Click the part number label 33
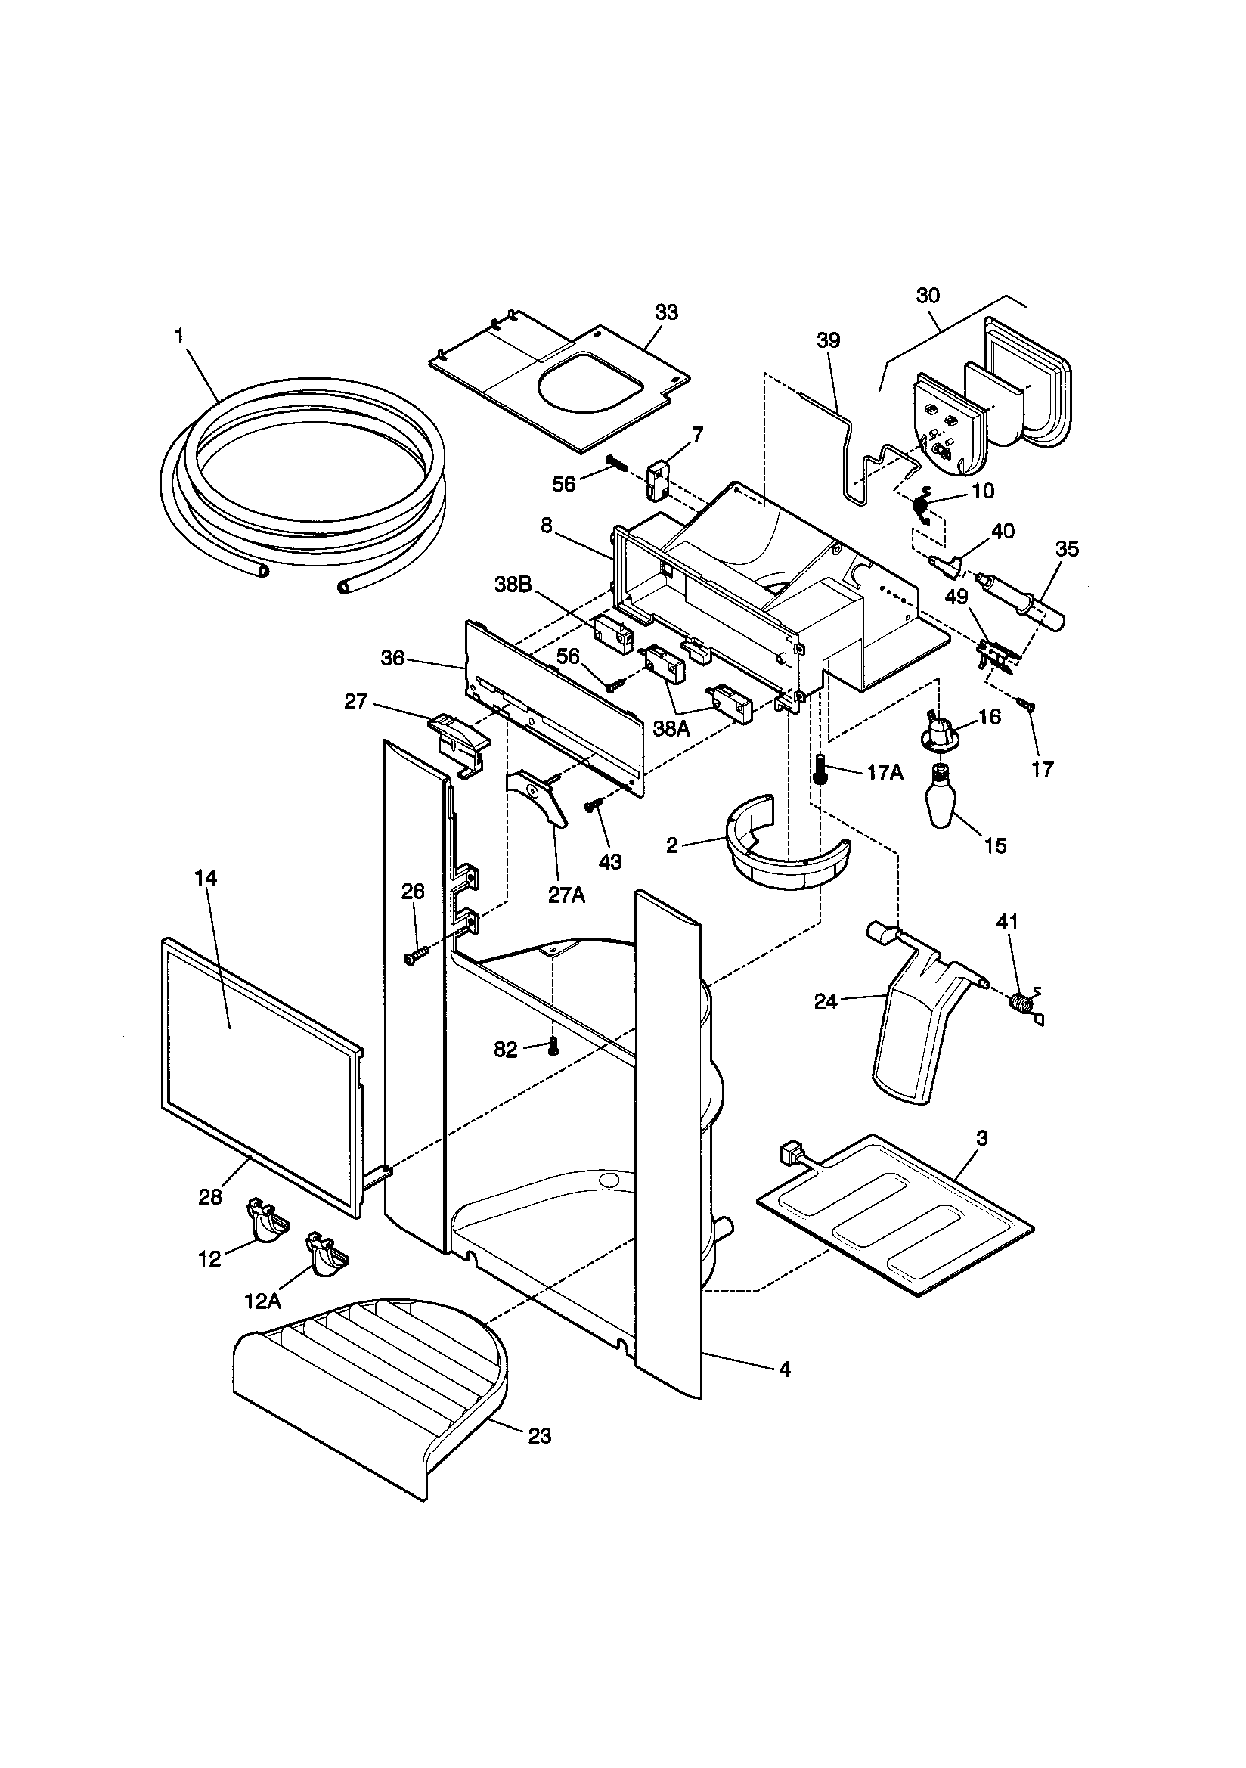tap(666, 312)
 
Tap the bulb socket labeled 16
tap(937, 729)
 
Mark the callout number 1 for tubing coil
tap(179, 336)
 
